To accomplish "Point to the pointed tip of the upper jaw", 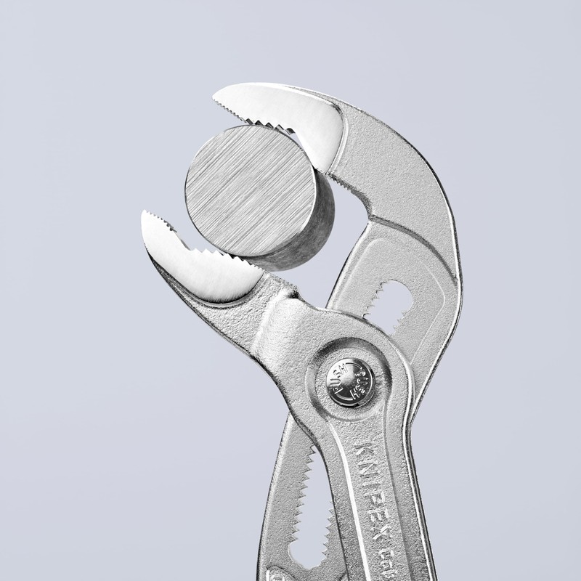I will tap(216, 97).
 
